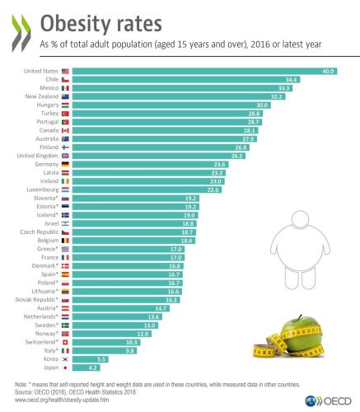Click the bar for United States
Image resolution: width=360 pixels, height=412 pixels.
pyautogui.click(x=206, y=72)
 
